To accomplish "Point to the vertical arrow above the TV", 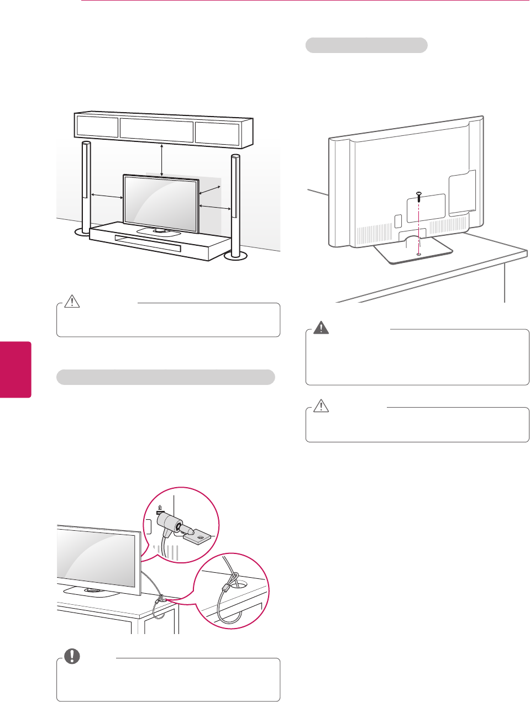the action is coord(161,160).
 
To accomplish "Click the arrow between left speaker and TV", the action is coord(107,195).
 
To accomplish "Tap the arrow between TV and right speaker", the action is coord(214,207).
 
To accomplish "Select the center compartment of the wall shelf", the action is coord(156,130).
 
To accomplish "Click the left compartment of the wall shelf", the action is coord(97,126).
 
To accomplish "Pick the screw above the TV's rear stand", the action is coord(419,195).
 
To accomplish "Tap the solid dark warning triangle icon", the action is coord(321,328).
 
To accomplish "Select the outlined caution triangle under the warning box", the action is coord(321,407).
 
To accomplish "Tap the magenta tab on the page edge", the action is coord(15,369).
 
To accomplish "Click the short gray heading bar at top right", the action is coord(366,45).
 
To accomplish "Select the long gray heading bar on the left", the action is coord(166,377).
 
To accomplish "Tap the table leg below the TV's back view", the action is coord(505,282).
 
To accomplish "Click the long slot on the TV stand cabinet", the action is coord(147,243).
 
